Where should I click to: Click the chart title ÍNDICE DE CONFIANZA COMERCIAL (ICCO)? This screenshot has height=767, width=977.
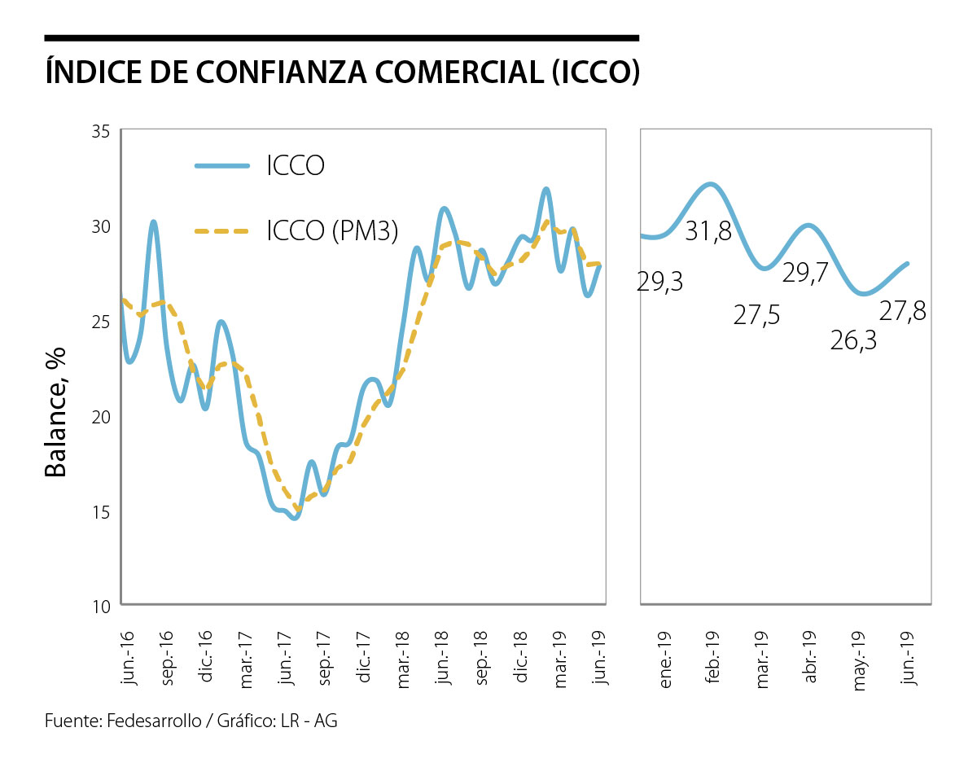342,72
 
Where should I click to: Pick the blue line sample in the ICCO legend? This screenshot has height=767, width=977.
221,165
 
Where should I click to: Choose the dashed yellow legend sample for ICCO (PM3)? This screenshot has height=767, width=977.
221,232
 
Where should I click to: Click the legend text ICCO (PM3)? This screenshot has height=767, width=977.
332,232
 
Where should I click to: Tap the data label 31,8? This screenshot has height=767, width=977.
708,231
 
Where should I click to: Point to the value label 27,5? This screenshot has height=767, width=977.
756,315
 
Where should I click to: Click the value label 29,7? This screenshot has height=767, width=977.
804,273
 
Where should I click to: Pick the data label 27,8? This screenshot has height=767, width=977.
902,311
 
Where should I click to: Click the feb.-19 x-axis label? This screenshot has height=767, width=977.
714,660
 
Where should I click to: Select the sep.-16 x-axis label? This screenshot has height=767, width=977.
167,660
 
